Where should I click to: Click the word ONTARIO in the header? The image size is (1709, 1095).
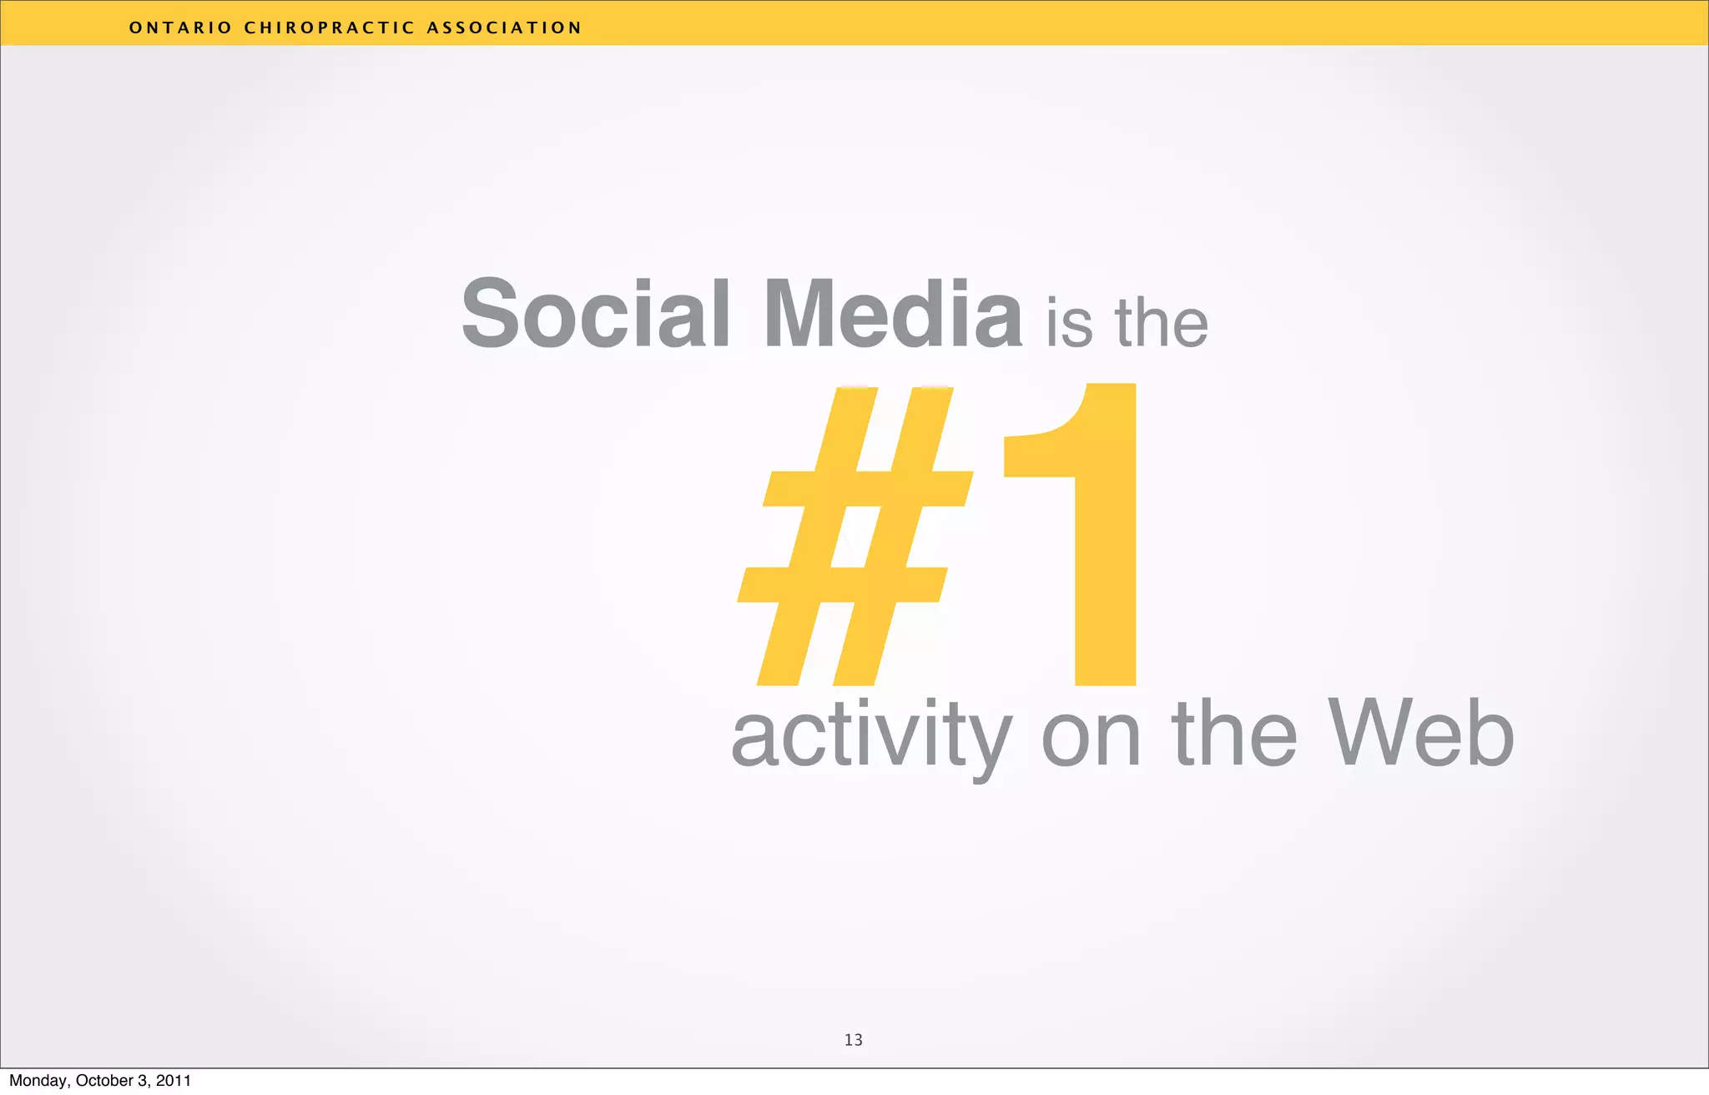coord(180,28)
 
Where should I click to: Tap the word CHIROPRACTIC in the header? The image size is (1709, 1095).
coord(329,28)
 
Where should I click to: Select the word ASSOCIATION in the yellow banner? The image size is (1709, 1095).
coord(504,28)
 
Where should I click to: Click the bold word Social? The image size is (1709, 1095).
coord(596,314)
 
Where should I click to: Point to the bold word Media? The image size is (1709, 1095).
coord(892,314)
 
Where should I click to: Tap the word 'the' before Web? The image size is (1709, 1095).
coord(1234,734)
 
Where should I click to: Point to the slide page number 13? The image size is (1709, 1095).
coord(853,1040)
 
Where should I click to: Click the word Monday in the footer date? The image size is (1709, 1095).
coord(39,1082)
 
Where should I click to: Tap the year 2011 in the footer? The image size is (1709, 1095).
coord(174,1081)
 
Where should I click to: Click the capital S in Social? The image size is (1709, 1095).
coord(492,314)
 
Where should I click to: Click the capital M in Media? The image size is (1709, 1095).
coord(805,314)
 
